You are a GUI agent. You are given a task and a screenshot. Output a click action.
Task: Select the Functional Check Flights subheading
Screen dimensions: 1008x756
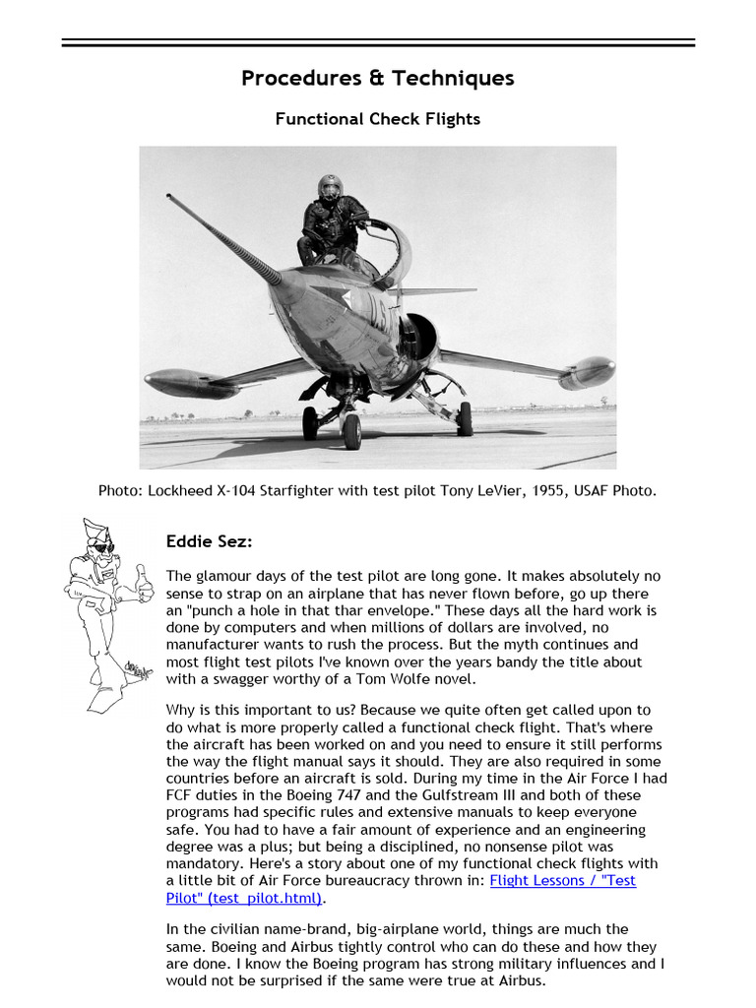(378, 119)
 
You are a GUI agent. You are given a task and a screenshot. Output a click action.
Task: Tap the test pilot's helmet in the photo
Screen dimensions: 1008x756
(329, 187)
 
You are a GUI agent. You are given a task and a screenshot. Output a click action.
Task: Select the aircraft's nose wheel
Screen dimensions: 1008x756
(351, 430)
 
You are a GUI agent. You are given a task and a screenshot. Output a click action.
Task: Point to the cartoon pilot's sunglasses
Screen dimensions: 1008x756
(102, 546)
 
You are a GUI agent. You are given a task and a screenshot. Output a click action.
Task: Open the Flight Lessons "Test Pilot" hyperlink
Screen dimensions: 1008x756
(562, 880)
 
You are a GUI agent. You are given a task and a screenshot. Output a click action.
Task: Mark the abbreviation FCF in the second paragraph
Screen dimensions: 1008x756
(180, 795)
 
